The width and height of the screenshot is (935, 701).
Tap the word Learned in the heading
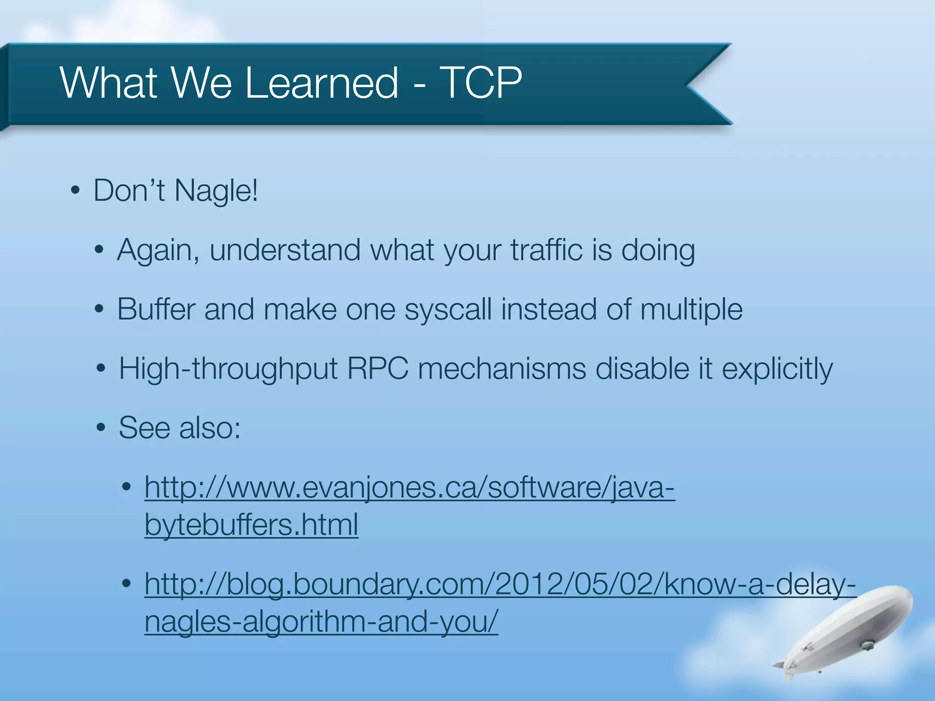pyautogui.click(x=322, y=83)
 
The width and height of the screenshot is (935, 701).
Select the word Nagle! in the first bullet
pyautogui.click(x=216, y=191)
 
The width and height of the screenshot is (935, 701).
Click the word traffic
pyautogui.click(x=546, y=250)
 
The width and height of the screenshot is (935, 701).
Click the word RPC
pyautogui.click(x=378, y=368)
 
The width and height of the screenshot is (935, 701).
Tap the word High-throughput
pyautogui.click(x=228, y=369)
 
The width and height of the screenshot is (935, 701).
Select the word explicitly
pyautogui.click(x=777, y=369)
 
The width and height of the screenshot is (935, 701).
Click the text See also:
pyautogui.click(x=179, y=428)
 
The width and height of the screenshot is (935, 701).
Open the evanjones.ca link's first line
pyautogui.click(x=410, y=487)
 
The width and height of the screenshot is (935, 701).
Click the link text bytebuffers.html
pyautogui.click(x=251, y=525)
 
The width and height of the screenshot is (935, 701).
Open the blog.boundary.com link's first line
pyautogui.click(x=500, y=584)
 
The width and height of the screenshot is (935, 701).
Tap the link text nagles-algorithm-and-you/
pyautogui.click(x=321, y=622)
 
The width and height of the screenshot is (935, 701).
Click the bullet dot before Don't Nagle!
pyautogui.click(x=76, y=191)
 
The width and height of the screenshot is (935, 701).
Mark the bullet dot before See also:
pyautogui.click(x=101, y=428)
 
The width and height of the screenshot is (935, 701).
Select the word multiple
pyautogui.click(x=691, y=310)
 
